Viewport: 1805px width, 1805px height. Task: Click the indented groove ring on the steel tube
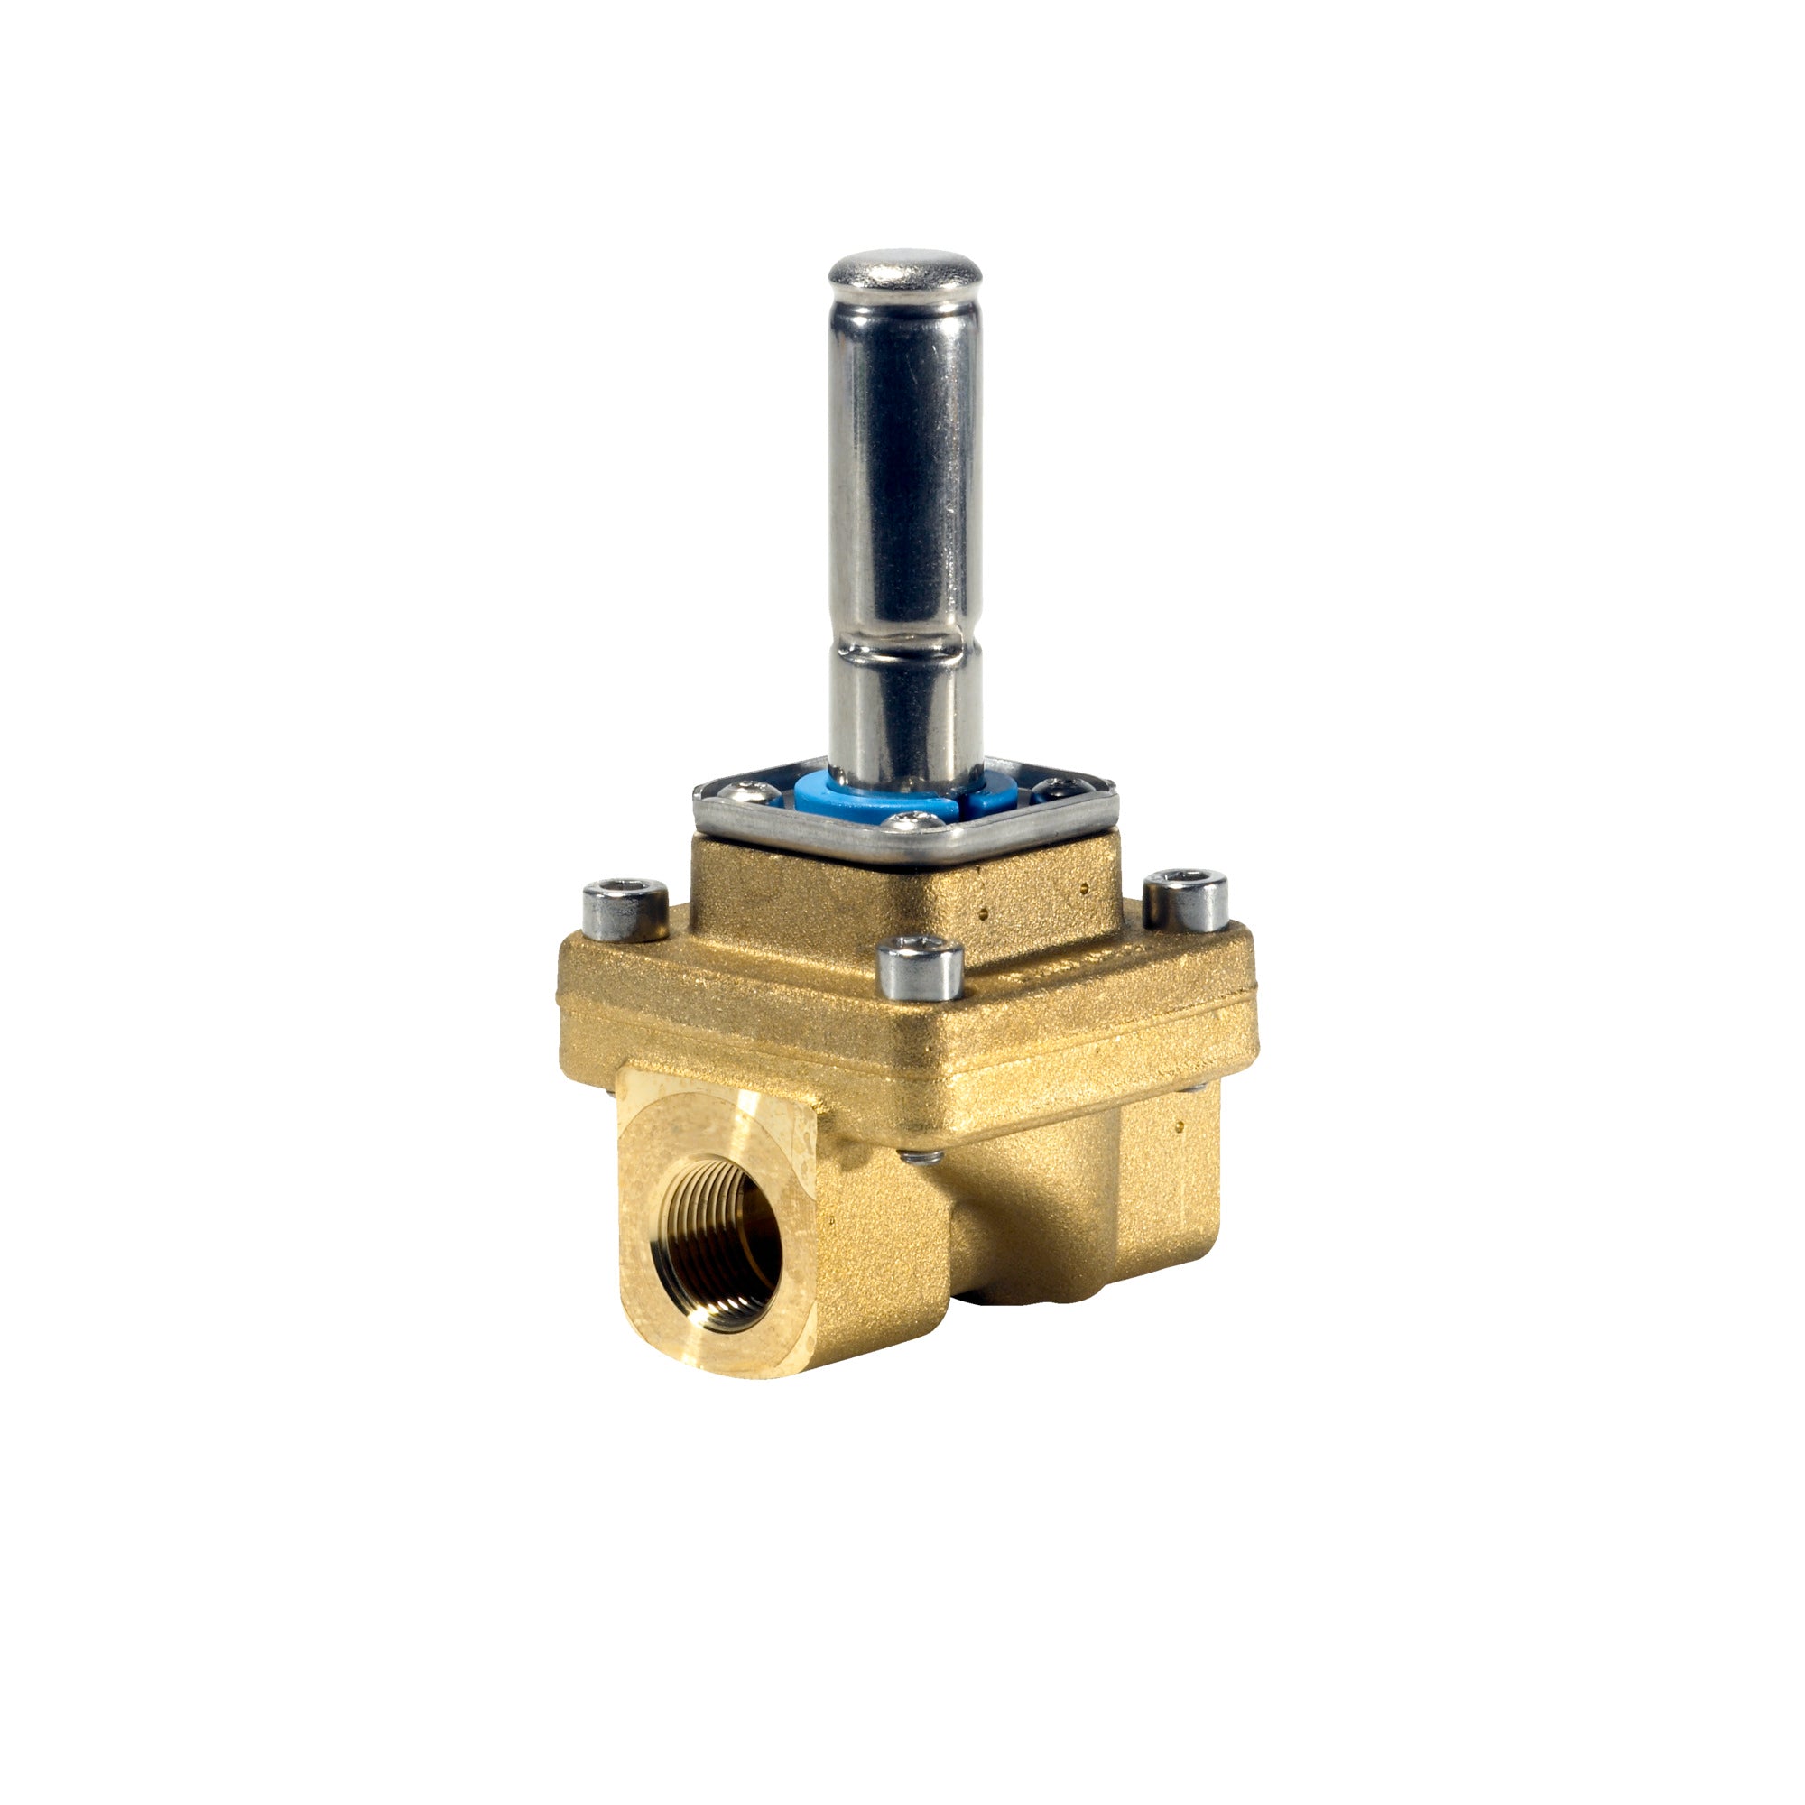click(x=904, y=644)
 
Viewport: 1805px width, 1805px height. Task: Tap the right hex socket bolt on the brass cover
click(x=1186, y=900)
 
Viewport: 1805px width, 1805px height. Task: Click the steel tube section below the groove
click(x=904, y=719)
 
